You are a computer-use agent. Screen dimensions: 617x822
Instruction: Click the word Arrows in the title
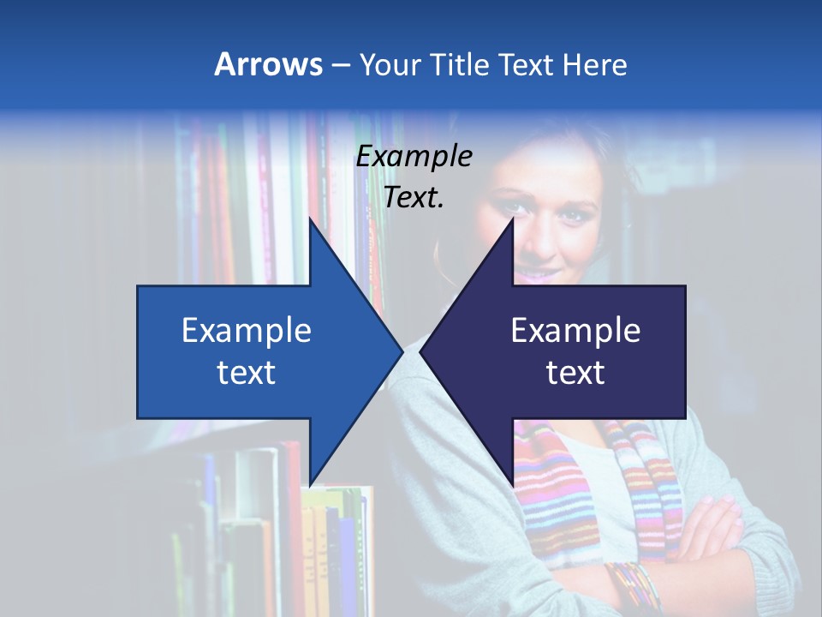tap(268, 64)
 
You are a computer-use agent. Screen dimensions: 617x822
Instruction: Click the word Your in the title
tap(389, 65)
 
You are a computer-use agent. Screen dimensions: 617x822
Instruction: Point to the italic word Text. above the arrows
tap(414, 198)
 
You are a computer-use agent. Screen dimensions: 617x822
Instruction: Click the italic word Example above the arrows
tap(414, 157)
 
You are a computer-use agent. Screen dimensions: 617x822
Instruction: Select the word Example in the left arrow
tap(247, 330)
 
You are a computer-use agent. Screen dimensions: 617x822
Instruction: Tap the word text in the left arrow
tap(247, 373)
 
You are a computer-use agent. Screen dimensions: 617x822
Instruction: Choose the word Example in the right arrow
tap(575, 330)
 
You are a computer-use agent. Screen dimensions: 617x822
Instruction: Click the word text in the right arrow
tap(575, 373)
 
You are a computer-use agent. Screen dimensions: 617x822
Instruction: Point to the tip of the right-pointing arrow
tap(402, 351)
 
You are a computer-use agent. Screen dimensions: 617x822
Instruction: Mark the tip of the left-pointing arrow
tap(420, 351)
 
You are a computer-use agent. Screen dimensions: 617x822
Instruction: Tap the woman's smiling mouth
tap(535, 273)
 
